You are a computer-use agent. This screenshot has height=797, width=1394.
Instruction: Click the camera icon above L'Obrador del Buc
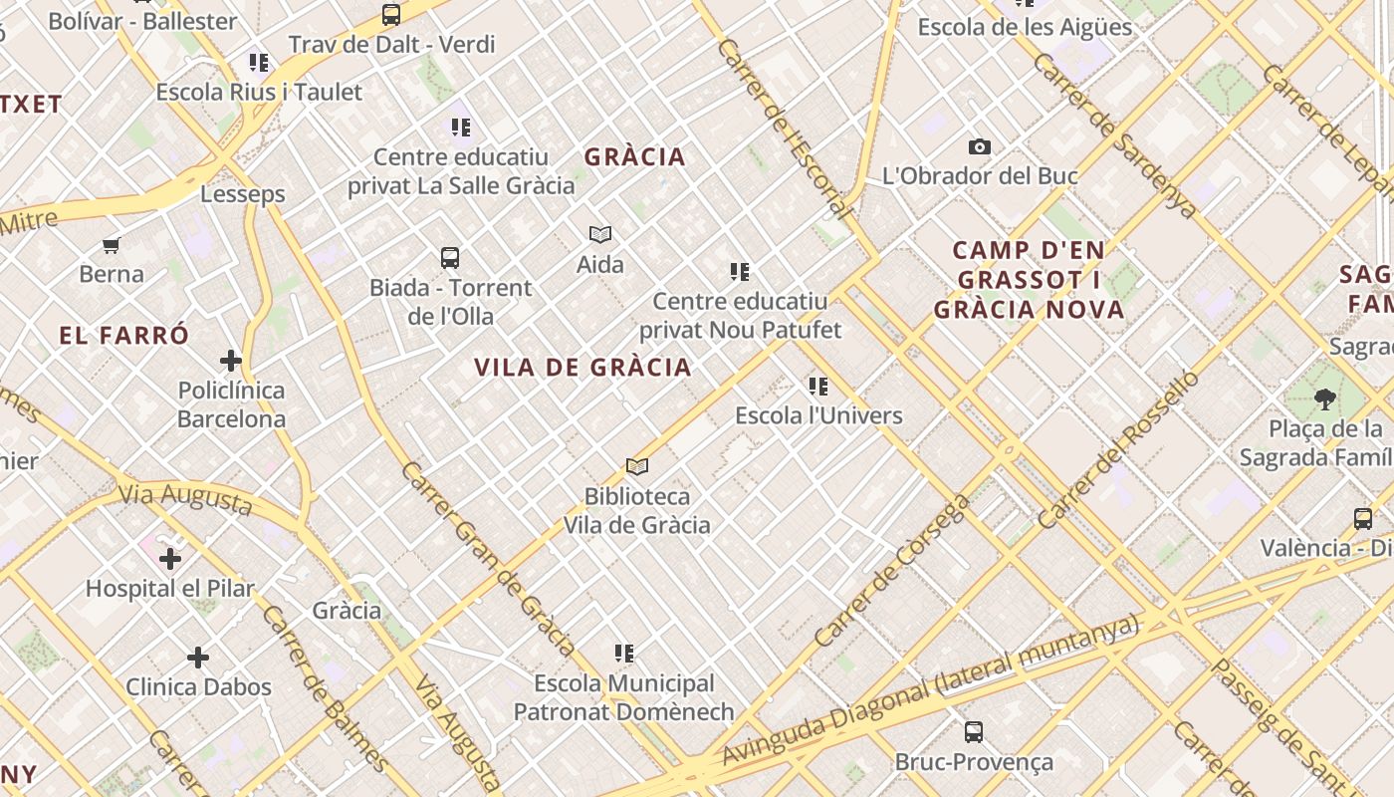[x=980, y=147]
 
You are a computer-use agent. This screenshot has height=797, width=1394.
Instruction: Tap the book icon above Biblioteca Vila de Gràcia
[x=637, y=466]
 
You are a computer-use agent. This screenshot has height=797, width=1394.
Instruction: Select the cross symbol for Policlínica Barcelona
[x=231, y=361]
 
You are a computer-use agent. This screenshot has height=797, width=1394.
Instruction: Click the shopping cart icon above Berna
[x=112, y=245]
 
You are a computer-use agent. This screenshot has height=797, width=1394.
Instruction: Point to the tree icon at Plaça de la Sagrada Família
[x=1324, y=399]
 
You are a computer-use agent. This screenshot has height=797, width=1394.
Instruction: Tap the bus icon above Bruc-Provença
[x=974, y=732]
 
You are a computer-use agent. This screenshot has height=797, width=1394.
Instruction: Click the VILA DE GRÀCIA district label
[x=582, y=368]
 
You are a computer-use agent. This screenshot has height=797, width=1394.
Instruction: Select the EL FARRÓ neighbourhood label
[x=123, y=336]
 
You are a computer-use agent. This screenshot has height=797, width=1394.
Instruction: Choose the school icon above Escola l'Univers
[x=818, y=386]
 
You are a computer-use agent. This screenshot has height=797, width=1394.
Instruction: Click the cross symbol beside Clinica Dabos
[x=198, y=658]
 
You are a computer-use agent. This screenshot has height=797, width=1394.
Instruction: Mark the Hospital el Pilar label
[x=170, y=588]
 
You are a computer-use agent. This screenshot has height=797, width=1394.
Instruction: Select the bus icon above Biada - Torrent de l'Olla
[x=450, y=258]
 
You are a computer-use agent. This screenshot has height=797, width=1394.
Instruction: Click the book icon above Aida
[x=599, y=235]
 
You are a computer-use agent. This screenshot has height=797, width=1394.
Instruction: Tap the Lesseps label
[x=243, y=194]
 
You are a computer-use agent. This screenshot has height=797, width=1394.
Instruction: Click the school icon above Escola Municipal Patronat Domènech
[x=624, y=654]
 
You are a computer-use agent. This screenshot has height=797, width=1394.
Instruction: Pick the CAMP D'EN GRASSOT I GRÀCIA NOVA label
[x=1030, y=280]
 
